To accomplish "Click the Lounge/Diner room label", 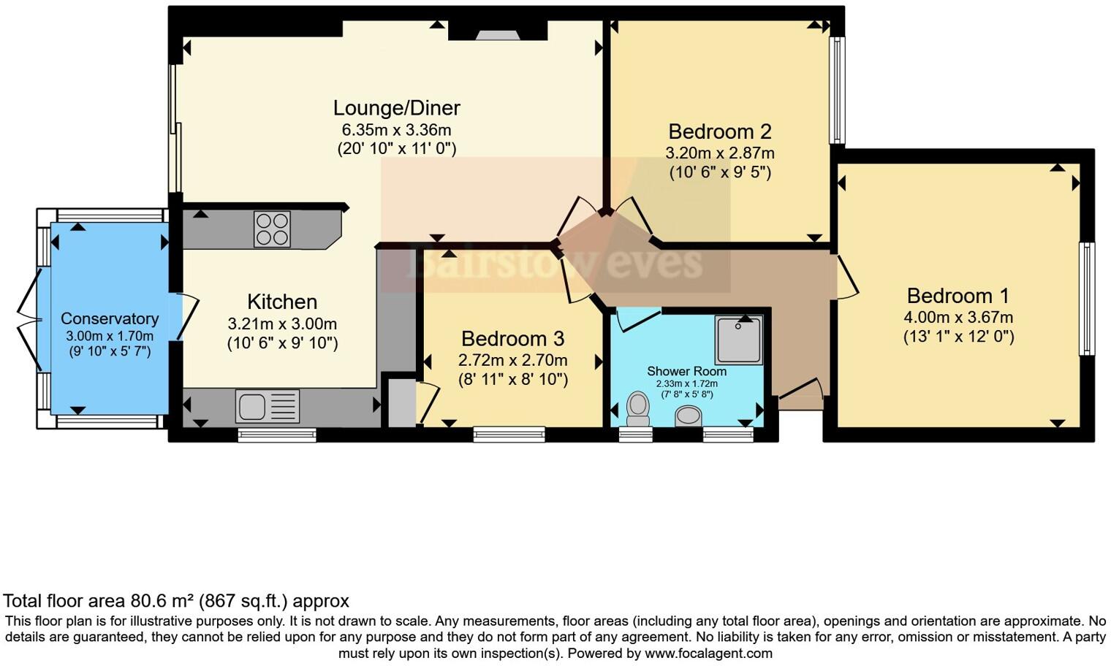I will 396,108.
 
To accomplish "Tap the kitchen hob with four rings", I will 272,229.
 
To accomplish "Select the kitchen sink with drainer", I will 268,406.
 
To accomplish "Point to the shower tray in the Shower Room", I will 739,340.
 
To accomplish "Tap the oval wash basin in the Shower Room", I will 688,416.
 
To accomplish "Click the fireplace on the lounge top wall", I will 497,34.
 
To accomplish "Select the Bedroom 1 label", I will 958,296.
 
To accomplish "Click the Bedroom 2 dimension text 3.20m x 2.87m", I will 719,153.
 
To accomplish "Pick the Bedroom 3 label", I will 512,339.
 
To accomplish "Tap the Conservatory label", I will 110,318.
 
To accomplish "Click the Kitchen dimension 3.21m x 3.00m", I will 282,324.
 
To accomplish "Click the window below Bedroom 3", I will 509,435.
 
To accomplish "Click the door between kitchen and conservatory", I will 183,315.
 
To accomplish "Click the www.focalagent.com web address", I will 708,653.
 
